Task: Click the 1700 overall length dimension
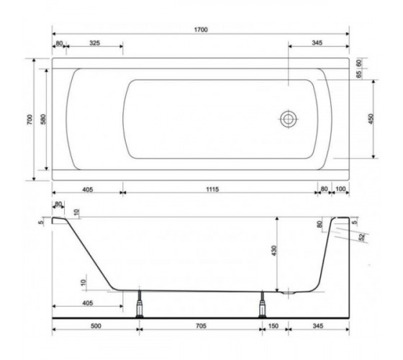click(x=201, y=30)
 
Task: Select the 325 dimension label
click(x=94, y=43)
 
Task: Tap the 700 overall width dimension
click(x=30, y=120)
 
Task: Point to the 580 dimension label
click(x=43, y=120)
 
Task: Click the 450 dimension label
click(x=371, y=119)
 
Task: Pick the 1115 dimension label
click(x=212, y=189)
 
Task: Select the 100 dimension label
click(x=340, y=189)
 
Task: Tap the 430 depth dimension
click(x=273, y=251)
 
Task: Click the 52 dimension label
click(x=362, y=237)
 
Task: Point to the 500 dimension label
click(x=96, y=326)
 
